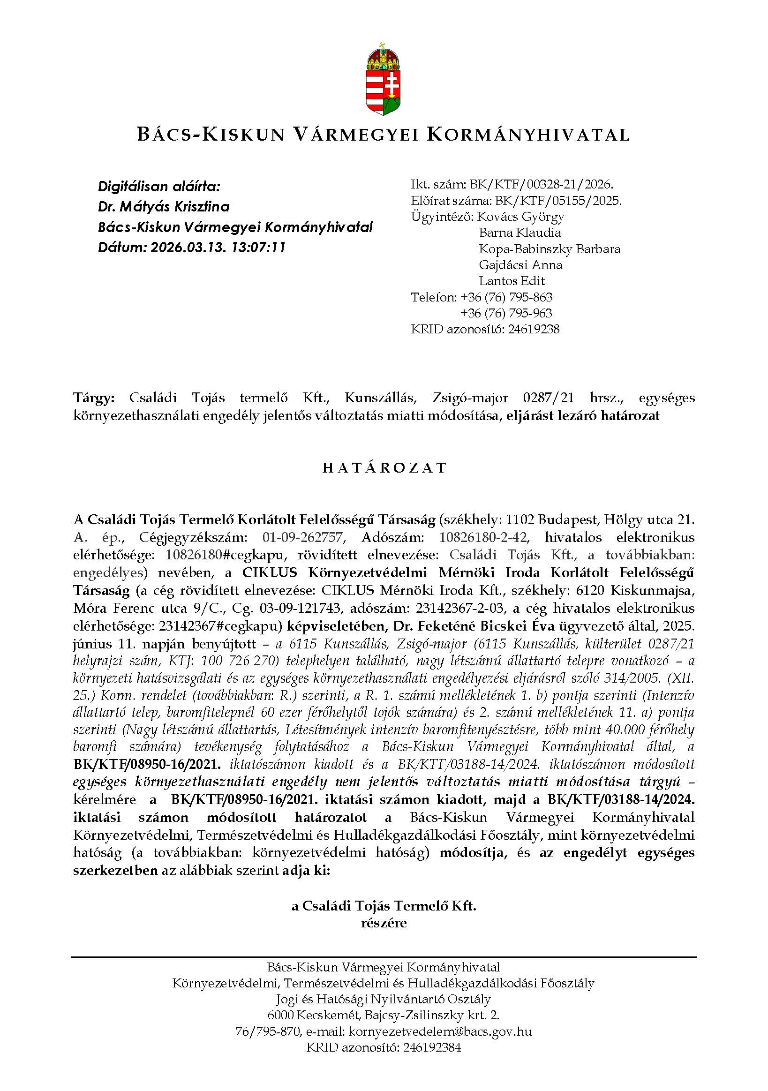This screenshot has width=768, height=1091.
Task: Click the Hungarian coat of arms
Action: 383,79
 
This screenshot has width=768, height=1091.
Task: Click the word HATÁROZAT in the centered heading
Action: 384,468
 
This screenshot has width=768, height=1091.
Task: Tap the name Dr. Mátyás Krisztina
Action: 164,207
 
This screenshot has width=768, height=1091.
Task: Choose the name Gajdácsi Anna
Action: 520,265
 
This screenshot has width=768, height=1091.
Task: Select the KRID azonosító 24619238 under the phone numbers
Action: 533,329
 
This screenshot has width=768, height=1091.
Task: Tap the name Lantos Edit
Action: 512,281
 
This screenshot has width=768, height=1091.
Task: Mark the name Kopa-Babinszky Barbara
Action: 550,249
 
